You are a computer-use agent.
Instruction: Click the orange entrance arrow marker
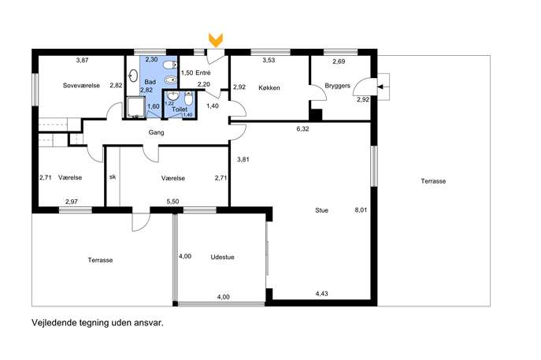click(216, 40)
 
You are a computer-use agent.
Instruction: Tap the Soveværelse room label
click(81, 85)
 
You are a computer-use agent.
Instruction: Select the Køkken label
click(269, 88)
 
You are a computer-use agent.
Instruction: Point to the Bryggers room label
click(337, 86)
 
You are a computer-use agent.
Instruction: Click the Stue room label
click(321, 210)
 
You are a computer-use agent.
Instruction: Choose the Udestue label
click(223, 257)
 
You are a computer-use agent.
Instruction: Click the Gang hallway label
click(156, 132)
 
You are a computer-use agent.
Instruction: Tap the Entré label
click(203, 72)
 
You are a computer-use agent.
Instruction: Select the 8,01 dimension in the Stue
click(361, 210)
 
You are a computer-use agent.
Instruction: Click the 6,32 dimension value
click(302, 129)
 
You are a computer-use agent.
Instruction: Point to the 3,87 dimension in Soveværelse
click(82, 60)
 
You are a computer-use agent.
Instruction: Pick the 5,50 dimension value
click(173, 202)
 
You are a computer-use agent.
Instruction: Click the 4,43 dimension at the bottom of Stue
click(322, 294)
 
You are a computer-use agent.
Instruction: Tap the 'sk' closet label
click(113, 177)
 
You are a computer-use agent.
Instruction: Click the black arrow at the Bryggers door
click(380, 87)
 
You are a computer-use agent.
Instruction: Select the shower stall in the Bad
click(135, 108)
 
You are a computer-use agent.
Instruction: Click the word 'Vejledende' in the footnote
click(50, 323)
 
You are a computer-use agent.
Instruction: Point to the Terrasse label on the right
click(433, 181)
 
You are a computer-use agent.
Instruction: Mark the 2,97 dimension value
click(72, 202)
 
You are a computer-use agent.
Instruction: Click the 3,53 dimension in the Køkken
click(269, 60)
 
